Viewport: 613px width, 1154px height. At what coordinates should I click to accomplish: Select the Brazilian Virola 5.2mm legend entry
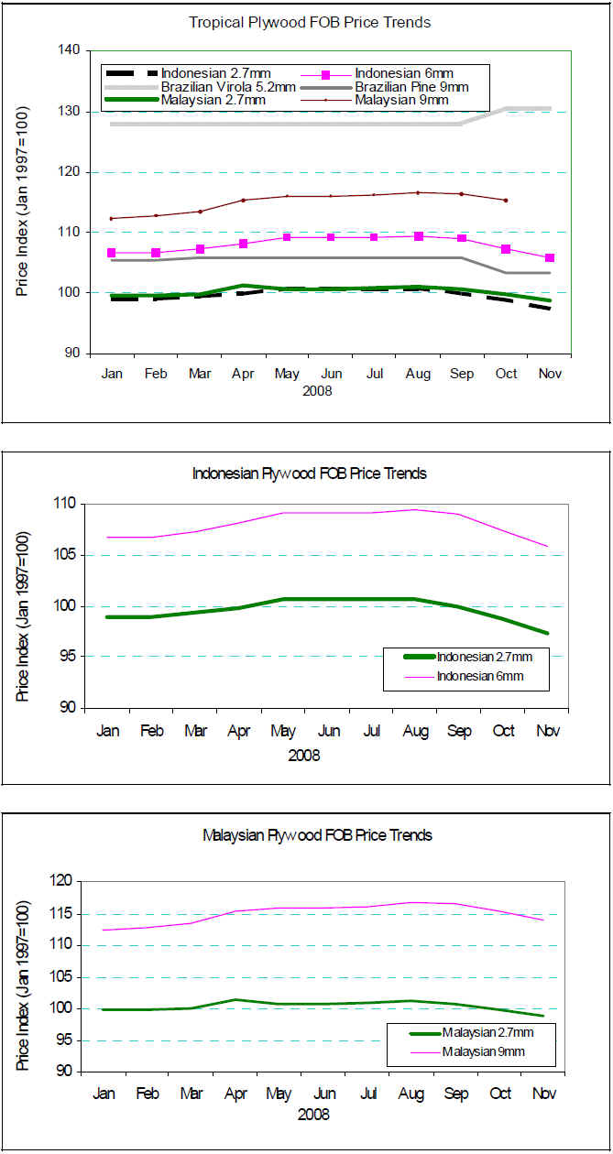point(228,86)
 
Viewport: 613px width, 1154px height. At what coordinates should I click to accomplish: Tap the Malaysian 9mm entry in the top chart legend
point(402,99)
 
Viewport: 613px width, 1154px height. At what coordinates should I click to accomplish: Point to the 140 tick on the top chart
point(69,51)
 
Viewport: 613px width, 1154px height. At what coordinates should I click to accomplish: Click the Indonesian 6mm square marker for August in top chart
point(419,236)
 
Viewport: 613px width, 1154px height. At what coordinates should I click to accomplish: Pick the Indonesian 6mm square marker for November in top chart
point(550,258)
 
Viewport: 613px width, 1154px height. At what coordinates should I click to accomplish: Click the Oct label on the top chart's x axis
point(506,374)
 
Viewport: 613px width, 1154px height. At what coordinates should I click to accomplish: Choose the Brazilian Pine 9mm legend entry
point(402,86)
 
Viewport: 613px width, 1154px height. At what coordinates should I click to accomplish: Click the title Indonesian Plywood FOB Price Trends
point(309,474)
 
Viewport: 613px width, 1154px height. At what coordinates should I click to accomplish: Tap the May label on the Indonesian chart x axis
point(283,732)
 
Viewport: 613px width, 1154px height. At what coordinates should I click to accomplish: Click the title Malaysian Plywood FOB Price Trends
point(317,835)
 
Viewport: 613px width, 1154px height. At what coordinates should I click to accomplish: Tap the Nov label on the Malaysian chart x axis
point(545,1094)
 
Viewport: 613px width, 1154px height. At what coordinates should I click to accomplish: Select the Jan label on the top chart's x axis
point(113,374)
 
